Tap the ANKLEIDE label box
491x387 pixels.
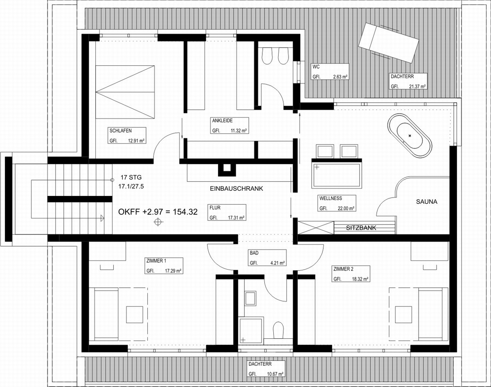[x=229, y=125]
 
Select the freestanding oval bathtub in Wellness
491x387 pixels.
[x=410, y=135]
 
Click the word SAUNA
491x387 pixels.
[x=426, y=202]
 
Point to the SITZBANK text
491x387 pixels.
[x=361, y=228]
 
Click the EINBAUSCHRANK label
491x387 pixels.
[x=236, y=189]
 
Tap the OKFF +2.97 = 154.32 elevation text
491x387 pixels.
[x=158, y=212]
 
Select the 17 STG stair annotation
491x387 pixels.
[x=131, y=177]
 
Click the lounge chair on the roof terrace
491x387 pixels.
[x=389, y=43]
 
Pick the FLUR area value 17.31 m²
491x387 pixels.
[x=236, y=218]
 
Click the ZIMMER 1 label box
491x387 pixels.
[x=164, y=265]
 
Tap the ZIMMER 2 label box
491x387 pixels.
[x=351, y=274]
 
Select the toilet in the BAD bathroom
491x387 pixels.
[x=278, y=330]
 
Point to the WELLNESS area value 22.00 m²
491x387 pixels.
[x=346, y=208]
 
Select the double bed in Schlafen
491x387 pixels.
[x=125, y=92]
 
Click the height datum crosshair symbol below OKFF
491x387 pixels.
[x=158, y=222]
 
